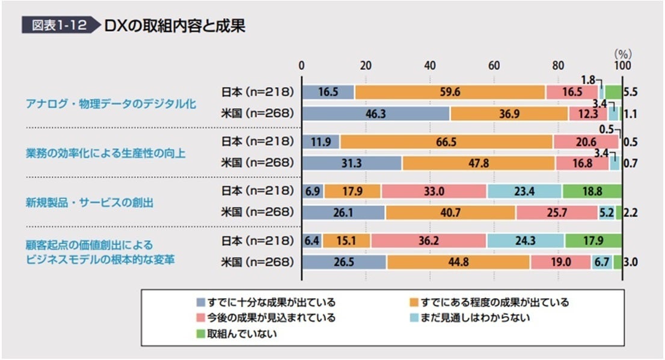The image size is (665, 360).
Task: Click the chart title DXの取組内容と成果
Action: (x=174, y=26)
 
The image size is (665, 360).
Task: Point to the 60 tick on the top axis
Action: (x=494, y=66)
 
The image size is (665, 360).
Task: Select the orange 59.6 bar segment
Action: (x=450, y=92)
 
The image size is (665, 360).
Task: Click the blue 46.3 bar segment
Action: (x=376, y=113)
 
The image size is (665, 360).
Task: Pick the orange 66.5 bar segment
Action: (x=446, y=142)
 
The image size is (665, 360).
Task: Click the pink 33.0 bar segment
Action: (x=434, y=192)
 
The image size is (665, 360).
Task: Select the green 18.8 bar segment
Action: (x=592, y=192)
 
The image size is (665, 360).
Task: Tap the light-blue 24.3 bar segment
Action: (x=525, y=241)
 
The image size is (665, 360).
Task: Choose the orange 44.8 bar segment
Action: (x=458, y=262)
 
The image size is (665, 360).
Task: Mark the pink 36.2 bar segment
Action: (x=428, y=241)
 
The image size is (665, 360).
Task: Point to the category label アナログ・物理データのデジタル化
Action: (x=111, y=103)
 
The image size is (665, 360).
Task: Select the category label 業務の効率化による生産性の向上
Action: (x=105, y=153)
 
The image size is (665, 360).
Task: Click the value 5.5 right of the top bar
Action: (x=631, y=93)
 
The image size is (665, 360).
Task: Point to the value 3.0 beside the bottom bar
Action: (x=631, y=263)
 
